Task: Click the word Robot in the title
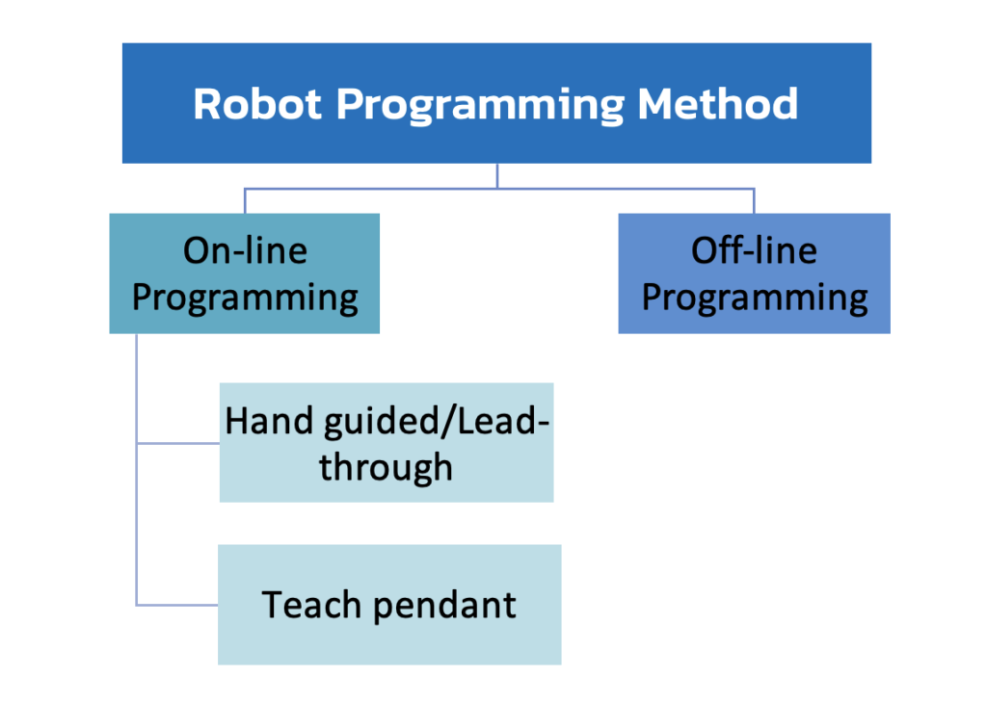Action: point(256,104)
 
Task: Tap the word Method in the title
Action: point(718,104)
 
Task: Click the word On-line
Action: point(245,250)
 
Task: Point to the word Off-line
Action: point(754,250)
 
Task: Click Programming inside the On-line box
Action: point(245,299)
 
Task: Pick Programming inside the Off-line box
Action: point(755,299)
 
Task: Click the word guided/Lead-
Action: point(437,422)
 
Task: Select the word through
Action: point(386,469)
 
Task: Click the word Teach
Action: point(311,605)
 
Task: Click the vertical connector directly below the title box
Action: point(497,176)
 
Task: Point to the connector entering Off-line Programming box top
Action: point(754,201)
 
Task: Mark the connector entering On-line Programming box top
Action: point(245,201)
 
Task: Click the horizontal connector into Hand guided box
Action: point(178,444)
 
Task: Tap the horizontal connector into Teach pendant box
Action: point(177,605)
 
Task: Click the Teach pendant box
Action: point(389,605)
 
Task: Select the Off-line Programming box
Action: point(754,273)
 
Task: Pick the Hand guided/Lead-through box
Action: point(387,443)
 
